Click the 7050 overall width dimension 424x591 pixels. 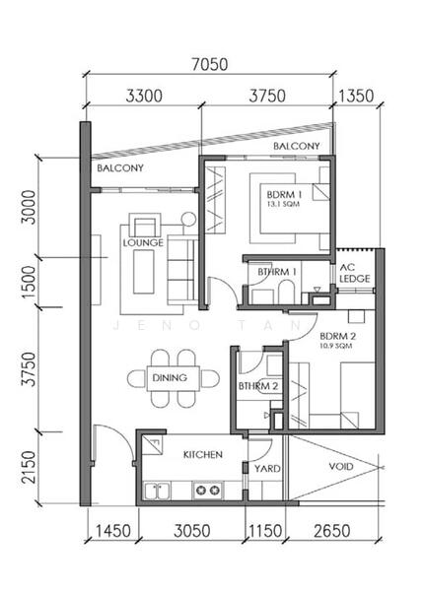[x=210, y=64]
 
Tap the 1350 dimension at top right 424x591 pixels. [x=356, y=97]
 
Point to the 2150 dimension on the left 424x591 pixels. [x=29, y=467]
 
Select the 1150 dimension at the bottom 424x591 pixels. [x=265, y=531]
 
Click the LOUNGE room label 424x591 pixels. [x=143, y=242]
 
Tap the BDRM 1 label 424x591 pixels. [x=284, y=195]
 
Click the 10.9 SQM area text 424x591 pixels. [x=335, y=346]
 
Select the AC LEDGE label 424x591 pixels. [x=355, y=273]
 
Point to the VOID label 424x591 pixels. [x=341, y=467]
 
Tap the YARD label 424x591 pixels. [x=267, y=469]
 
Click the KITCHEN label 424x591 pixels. [x=203, y=454]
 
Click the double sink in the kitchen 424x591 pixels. [x=158, y=492]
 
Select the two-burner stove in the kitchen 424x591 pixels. [x=207, y=491]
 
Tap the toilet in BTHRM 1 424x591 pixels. [x=286, y=292]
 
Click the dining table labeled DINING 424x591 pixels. [x=174, y=378]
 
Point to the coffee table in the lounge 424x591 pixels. [x=144, y=272]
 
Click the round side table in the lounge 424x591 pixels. [x=188, y=219]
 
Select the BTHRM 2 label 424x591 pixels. [x=258, y=386]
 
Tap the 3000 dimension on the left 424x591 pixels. [x=29, y=207]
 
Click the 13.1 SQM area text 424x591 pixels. [x=283, y=204]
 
